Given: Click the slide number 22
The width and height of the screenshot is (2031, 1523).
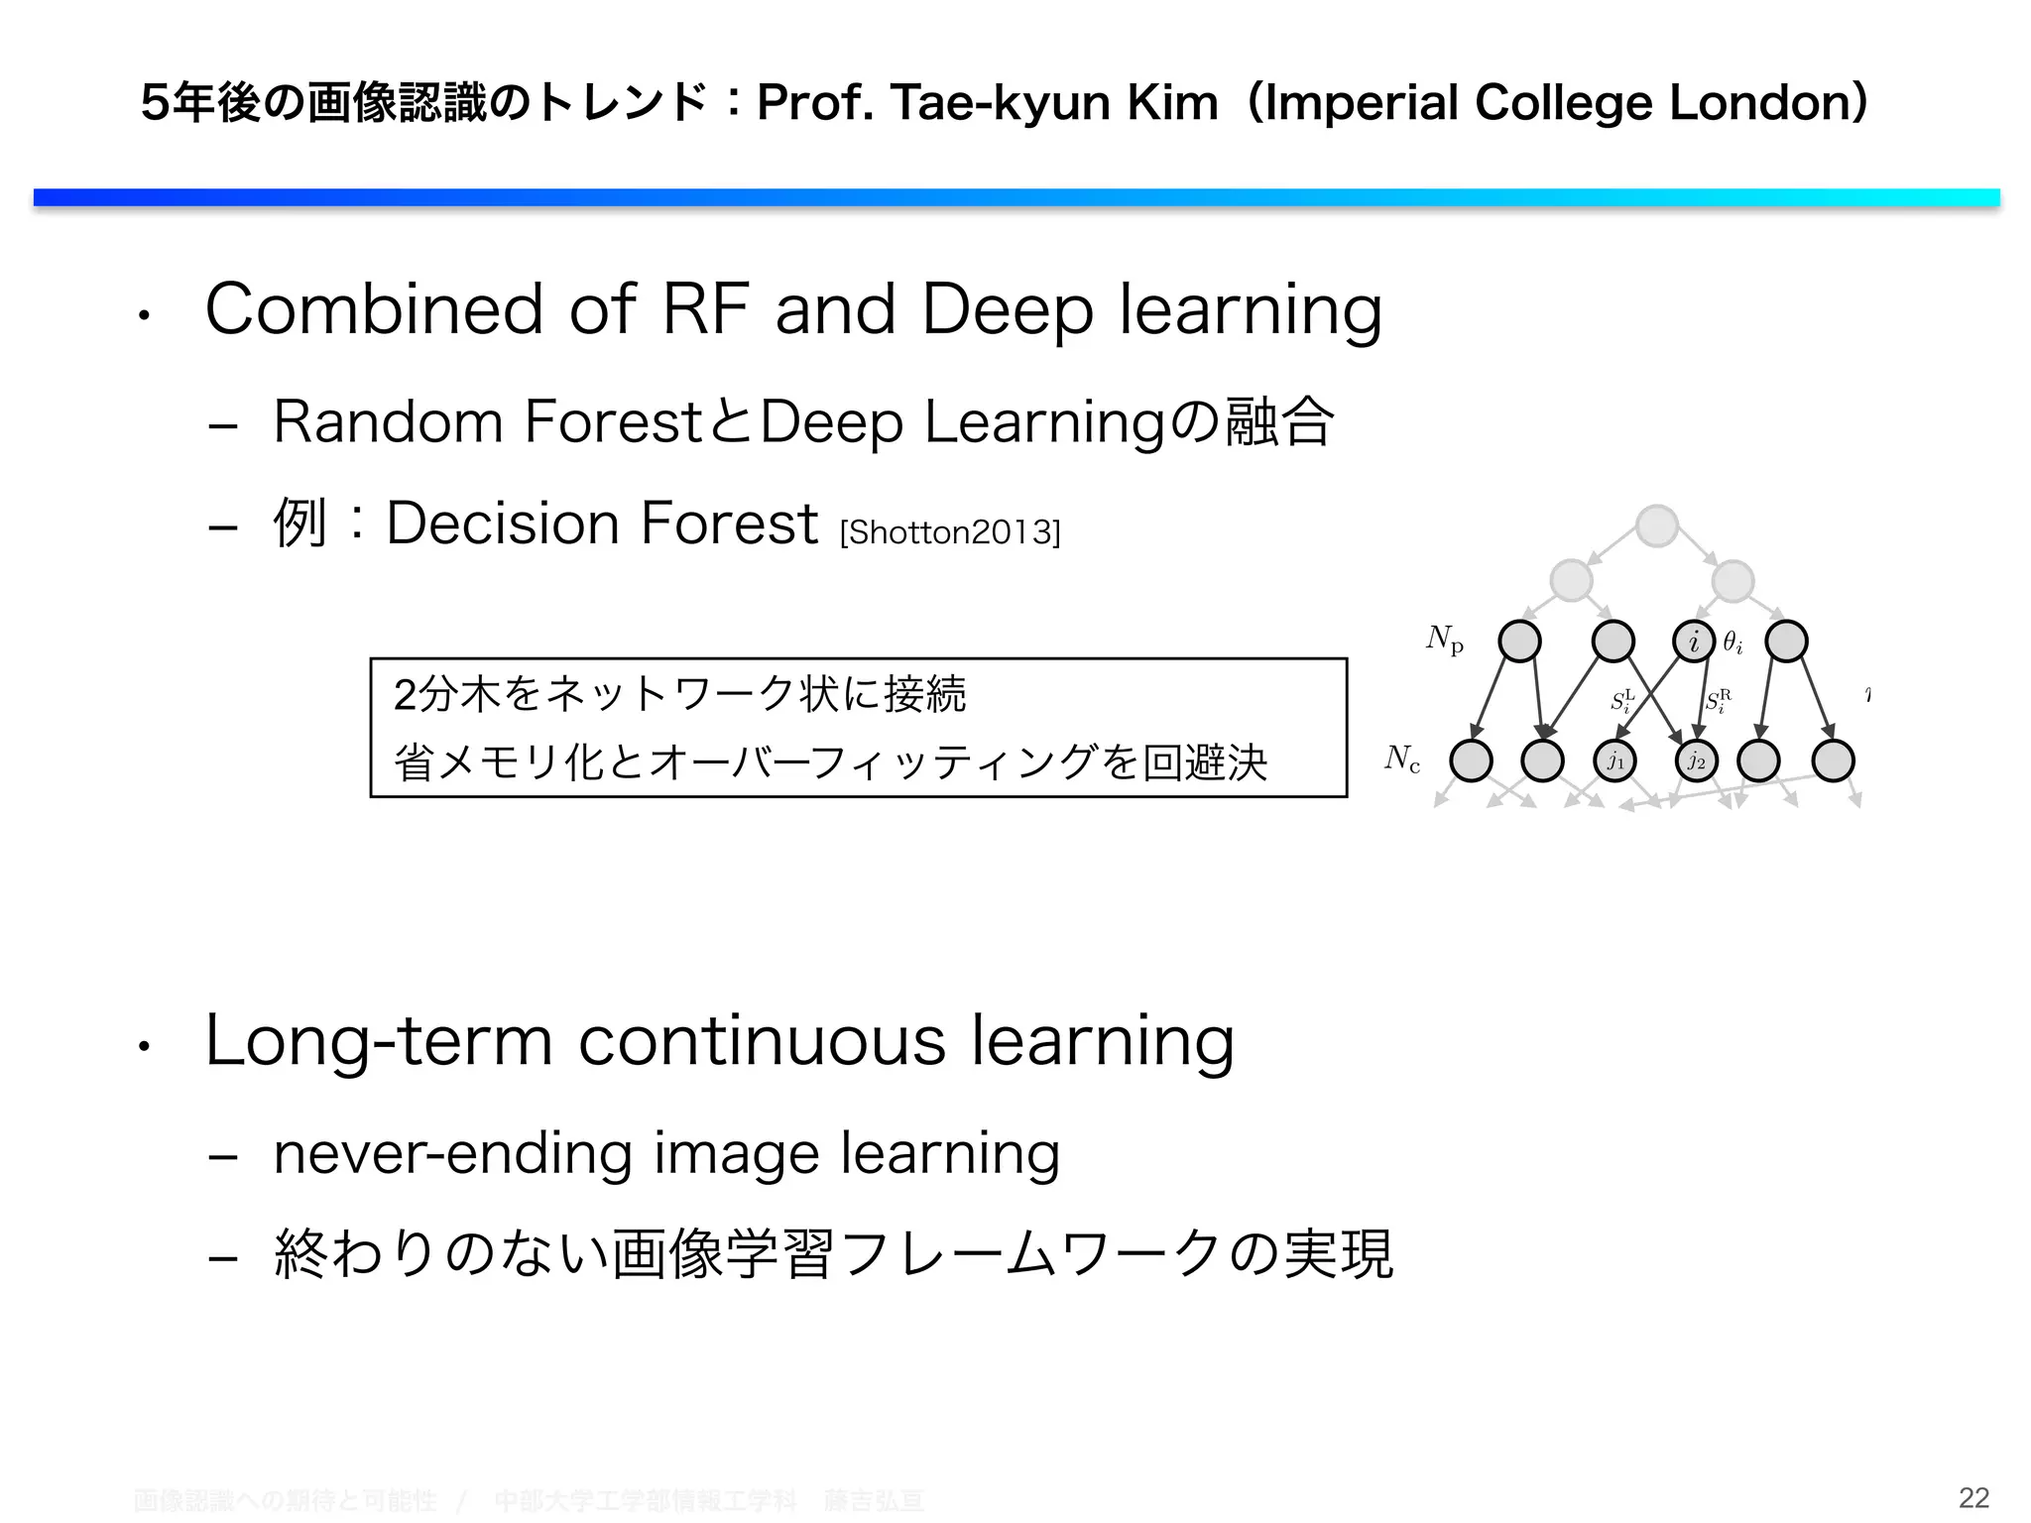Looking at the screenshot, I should (1973, 1497).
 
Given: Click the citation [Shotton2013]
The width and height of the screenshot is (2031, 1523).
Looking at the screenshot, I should (949, 533).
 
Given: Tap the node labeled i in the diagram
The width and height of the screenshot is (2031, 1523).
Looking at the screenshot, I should (1694, 642).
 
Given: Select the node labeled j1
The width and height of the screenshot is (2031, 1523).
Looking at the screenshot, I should (1615, 761).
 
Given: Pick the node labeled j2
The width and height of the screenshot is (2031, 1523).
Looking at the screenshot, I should (1696, 761).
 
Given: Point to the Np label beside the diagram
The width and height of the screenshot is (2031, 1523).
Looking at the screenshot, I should (1444, 640).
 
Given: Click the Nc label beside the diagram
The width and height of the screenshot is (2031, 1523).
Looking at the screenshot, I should (1402, 760).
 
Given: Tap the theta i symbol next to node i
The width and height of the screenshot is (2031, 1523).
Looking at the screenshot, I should (1732, 644).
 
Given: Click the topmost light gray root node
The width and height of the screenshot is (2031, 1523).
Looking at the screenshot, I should (1657, 526).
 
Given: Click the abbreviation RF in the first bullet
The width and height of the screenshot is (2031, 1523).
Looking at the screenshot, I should (704, 309).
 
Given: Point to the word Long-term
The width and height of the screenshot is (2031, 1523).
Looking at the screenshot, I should (378, 1041).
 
